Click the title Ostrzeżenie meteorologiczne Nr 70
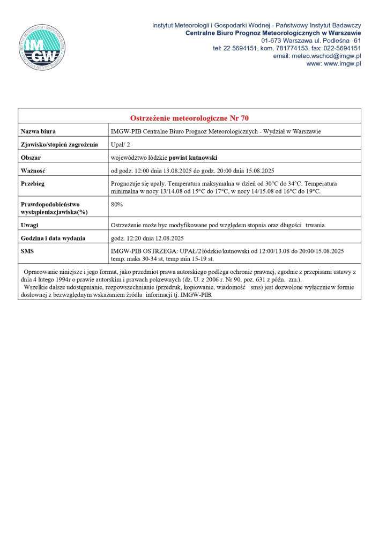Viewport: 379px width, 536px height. (189, 118)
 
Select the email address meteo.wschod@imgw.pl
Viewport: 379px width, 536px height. (317, 56)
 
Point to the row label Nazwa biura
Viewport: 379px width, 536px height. (38, 131)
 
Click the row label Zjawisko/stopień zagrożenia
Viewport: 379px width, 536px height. (59, 145)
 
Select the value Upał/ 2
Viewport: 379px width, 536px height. (121, 145)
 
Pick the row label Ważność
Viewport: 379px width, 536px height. (33, 171)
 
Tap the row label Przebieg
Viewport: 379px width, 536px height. (33, 184)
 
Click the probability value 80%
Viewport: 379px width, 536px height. (116, 204)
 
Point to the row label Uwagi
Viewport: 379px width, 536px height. (29, 225)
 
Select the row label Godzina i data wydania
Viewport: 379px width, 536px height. (53, 239)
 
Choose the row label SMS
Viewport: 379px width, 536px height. (27, 251)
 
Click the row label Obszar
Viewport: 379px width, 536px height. (31, 158)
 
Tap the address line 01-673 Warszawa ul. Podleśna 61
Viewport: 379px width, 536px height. (311, 41)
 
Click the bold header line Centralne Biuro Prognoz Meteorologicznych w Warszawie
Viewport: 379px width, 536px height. (273, 33)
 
